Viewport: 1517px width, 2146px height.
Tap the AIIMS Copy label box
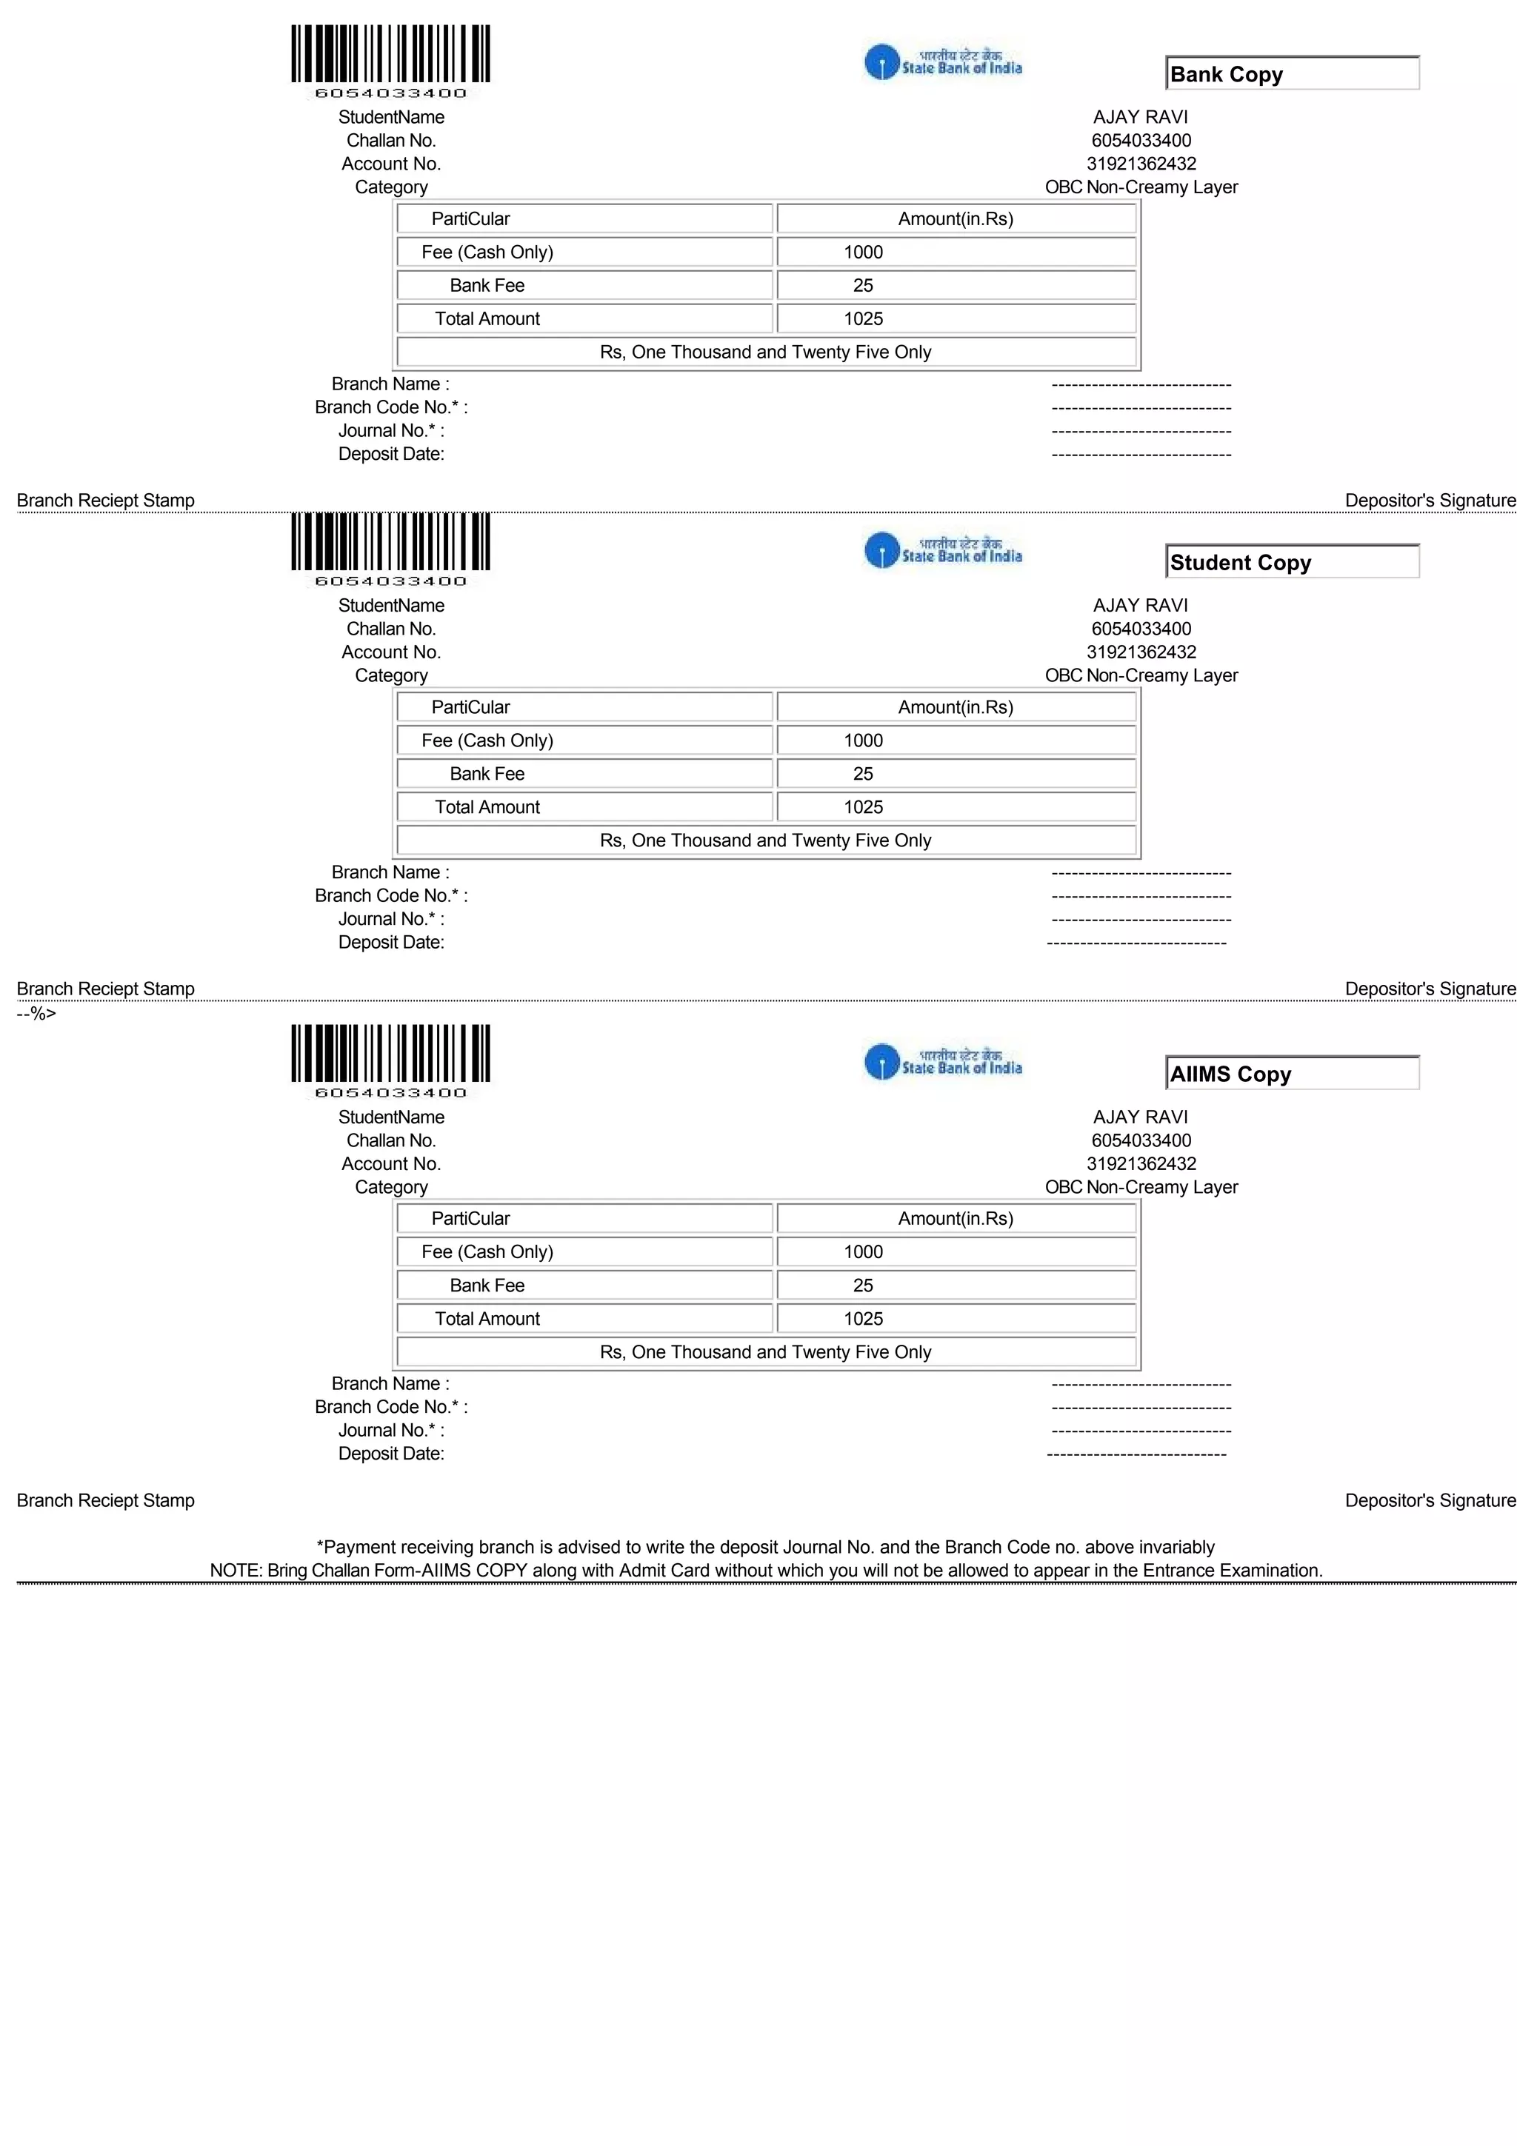tap(1292, 1073)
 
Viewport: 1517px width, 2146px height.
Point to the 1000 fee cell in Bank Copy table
tap(863, 253)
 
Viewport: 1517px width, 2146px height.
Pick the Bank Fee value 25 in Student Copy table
tap(863, 774)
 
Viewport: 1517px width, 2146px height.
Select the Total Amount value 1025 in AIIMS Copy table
tap(863, 1319)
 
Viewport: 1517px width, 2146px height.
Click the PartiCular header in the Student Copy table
tap(470, 707)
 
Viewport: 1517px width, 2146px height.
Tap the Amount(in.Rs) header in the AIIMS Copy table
tap(956, 1219)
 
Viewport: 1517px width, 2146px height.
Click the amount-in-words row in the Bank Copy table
tap(765, 352)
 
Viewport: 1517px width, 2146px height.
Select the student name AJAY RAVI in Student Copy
tap(1140, 606)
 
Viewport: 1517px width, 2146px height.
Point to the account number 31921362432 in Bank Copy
tap(1140, 164)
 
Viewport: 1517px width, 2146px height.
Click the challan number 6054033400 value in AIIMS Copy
tap(1140, 1140)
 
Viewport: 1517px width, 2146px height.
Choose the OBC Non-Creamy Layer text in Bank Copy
tap(1140, 187)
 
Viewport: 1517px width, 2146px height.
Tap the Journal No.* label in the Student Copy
tap(390, 919)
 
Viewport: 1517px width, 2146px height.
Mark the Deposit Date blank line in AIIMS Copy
tap(1136, 1454)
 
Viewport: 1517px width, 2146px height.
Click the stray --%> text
tap(36, 1013)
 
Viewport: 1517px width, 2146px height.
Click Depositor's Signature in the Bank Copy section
tap(1429, 501)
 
